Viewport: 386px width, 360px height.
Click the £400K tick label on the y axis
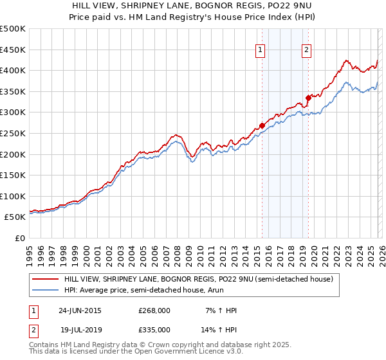click(x=13, y=70)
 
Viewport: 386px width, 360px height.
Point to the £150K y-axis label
click(x=13, y=175)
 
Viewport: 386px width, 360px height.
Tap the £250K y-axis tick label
click(x=13, y=133)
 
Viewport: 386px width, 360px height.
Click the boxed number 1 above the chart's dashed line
click(x=261, y=50)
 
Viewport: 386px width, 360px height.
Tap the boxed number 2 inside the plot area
click(x=307, y=50)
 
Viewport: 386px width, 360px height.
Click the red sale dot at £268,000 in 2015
click(x=262, y=125)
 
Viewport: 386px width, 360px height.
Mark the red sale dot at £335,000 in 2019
click(x=308, y=98)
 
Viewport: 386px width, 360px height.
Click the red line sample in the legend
click(x=44, y=280)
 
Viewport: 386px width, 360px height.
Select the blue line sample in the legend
click(x=44, y=291)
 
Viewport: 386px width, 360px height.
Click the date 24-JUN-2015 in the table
click(x=80, y=310)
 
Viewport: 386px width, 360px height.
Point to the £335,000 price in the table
click(x=154, y=329)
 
